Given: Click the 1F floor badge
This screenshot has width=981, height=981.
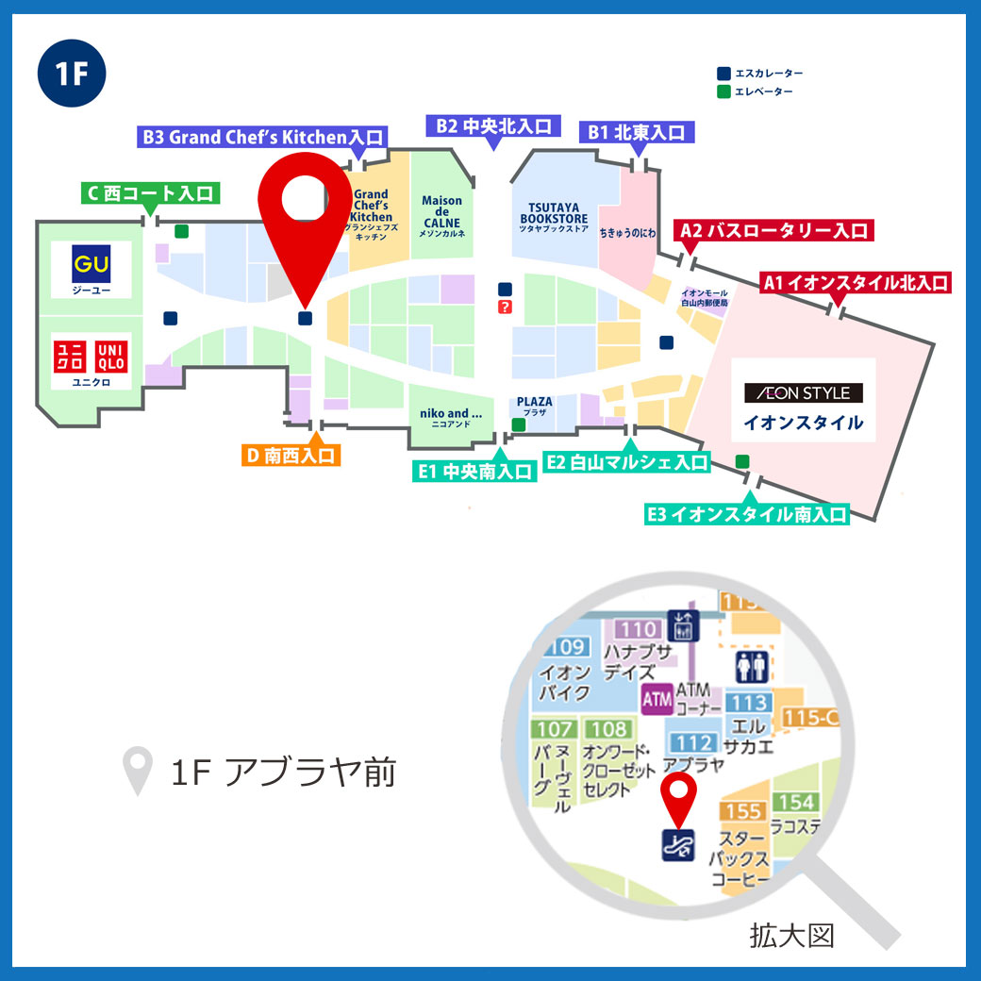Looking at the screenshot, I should (72, 75).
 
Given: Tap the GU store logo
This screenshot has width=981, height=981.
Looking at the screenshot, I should (91, 264).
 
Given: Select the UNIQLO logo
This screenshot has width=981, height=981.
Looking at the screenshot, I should (91, 356).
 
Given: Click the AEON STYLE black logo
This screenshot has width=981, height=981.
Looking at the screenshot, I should (804, 392).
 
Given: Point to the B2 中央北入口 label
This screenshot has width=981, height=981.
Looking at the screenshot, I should (493, 126).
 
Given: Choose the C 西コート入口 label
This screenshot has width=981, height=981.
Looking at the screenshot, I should (149, 194).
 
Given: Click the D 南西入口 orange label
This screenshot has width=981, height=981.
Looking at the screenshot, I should (291, 456).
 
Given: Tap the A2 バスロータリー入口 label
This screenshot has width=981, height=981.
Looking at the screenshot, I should (773, 230).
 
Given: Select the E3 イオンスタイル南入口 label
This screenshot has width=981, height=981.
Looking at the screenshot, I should (746, 514).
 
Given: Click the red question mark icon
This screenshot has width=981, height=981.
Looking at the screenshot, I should (506, 308).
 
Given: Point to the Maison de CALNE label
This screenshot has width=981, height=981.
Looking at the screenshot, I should (441, 216).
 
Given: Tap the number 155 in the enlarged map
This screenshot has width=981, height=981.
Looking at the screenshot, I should (743, 811).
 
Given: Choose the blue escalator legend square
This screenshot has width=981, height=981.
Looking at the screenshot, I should (723, 73).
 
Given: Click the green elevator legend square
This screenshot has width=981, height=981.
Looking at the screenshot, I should (723, 91).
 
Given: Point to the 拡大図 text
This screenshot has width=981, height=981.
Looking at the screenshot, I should (791, 936).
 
